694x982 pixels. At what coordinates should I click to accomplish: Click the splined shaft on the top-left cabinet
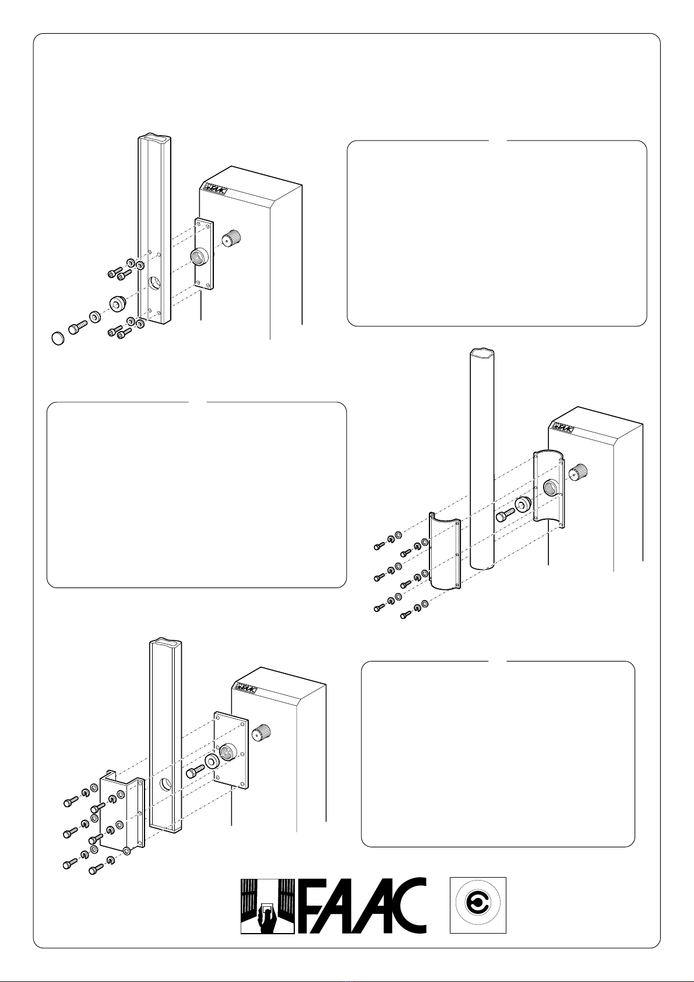point(232,238)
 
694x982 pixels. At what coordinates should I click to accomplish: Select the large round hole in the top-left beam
point(154,284)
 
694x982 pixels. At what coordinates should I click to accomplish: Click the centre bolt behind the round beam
point(503,515)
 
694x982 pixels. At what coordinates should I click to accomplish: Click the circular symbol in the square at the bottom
point(478,905)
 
